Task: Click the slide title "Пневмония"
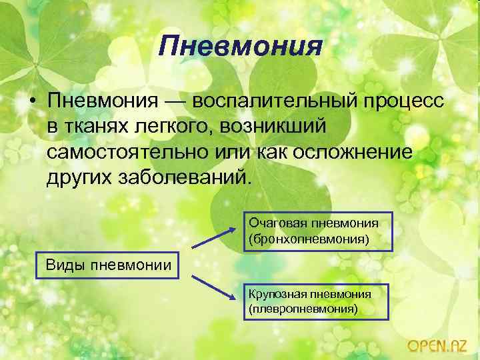(x=241, y=47)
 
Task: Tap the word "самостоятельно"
(x=127, y=152)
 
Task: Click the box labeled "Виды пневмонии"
(x=108, y=265)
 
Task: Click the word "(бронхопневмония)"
(x=308, y=238)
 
